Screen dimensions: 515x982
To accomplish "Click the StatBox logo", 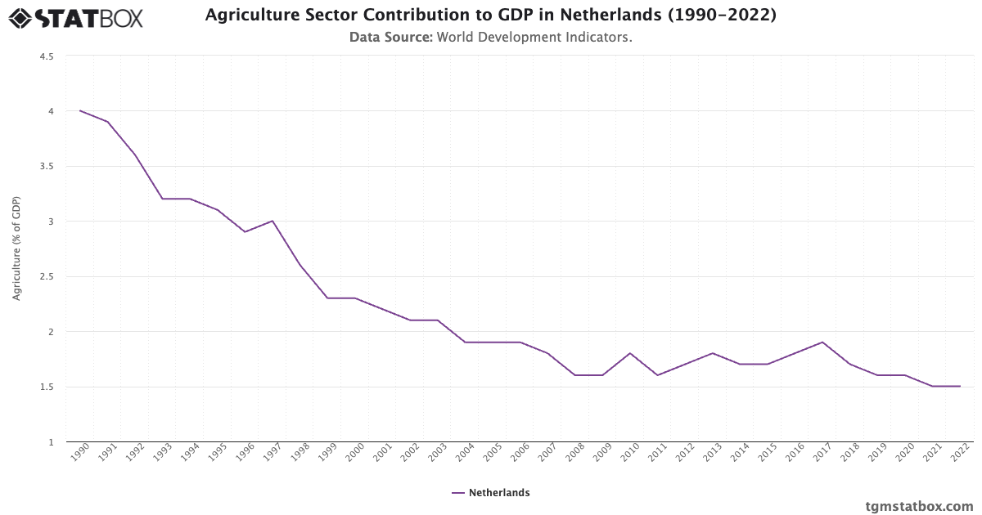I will [76, 17].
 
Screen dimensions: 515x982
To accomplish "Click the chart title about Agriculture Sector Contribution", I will [490, 16].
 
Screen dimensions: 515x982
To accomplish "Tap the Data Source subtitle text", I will [490, 37].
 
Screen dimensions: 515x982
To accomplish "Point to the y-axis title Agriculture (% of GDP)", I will [16, 249].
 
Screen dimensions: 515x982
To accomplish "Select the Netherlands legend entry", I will [490, 493].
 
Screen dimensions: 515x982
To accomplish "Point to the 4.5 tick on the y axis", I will [46, 56].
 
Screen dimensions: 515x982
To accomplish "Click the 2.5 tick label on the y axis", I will [46, 277].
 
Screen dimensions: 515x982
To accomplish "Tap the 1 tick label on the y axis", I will [50, 442].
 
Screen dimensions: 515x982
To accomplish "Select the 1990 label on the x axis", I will [79, 455].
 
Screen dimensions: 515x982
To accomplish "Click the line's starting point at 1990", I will [80, 110].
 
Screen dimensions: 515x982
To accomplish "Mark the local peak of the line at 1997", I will [273, 221].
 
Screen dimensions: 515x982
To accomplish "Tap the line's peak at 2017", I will [822, 342].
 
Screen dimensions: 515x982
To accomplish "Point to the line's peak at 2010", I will [630, 353].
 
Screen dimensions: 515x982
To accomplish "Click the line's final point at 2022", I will [960, 386].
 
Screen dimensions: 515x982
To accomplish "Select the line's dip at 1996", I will [245, 231].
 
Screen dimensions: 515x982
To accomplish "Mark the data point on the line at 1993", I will [163, 199].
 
